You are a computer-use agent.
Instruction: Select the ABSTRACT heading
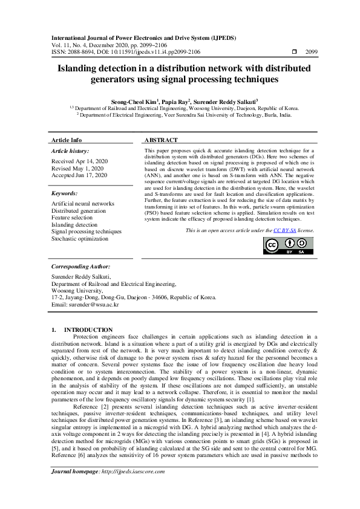(x=161, y=140)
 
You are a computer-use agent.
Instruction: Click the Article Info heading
(x=67, y=140)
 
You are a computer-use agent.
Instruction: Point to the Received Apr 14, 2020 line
(x=79, y=161)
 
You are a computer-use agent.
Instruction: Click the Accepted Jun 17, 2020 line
(x=79, y=175)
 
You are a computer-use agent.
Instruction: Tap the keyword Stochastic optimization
(x=80, y=238)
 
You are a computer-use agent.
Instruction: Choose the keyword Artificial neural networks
(x=83, y=204)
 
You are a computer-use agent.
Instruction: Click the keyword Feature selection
(x=73, y=218)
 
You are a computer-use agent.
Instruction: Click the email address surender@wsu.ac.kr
(x=85, y=305)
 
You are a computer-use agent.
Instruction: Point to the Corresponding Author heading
(x=80, y=266)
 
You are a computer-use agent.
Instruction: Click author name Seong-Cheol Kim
(x=133, y=102)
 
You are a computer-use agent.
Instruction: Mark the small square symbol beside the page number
(x=295, y=52)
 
